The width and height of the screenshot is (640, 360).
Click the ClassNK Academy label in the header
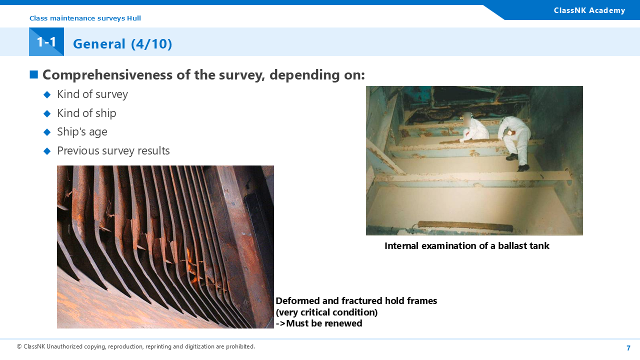click(x=589, y=10)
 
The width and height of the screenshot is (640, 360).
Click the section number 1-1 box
click(x=46, y=41)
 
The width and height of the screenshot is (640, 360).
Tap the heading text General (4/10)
click(x=122, y=44)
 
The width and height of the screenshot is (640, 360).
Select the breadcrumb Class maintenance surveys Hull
click(x=85, y=18)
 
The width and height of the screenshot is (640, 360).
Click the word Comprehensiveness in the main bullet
click(x=107, y=75)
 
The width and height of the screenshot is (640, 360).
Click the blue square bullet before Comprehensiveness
click(x=34, y=74)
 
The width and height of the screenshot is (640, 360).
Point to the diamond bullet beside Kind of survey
click(x=47, y=94)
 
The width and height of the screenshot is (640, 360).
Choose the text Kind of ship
click(x=86, y=113)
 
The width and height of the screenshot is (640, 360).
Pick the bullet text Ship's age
click(x=82, y=132)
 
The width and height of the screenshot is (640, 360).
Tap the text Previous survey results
click(x=113, y=150)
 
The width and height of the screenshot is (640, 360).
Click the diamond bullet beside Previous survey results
click(x=47, y=151)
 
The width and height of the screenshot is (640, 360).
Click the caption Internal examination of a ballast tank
click(x=467, y=245)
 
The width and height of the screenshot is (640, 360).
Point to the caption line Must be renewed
click(x=319, y=323)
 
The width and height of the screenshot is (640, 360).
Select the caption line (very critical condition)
click(x=326, y=312)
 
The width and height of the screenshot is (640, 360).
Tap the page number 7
click(x=628, y=348)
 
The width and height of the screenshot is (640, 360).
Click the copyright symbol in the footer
click(x=19, y=346)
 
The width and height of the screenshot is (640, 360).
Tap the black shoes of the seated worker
click(x=517, y=162)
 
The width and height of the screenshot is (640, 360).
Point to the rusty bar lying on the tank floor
click(x=465, y=226)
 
